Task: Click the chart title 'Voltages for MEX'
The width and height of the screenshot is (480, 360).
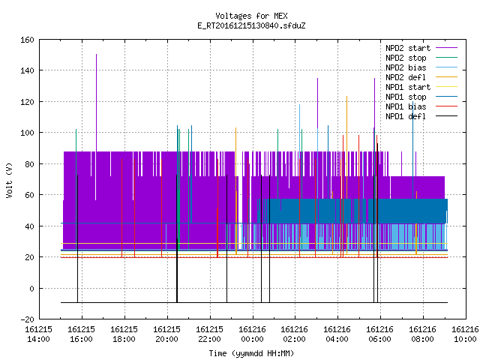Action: pos(251,16)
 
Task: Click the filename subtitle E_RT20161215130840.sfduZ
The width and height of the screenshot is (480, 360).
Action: pos(251,25)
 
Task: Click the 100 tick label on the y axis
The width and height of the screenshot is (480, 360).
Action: pos(27,133)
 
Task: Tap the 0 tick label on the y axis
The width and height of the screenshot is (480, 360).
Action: pos(31,288)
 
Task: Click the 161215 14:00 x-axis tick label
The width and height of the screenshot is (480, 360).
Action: pos(38,334)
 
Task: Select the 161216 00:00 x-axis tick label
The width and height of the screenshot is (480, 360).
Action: pos(252,334)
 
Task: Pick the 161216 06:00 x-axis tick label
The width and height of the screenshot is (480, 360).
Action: pos(380,334)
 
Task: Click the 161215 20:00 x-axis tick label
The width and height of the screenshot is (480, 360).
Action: pos(166,334)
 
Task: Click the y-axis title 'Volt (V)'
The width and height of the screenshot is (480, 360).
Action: pos(9,180)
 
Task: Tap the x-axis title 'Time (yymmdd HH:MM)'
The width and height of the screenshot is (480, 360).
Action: pos(251,353)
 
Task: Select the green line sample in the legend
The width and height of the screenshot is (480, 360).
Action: pos(447,58)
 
